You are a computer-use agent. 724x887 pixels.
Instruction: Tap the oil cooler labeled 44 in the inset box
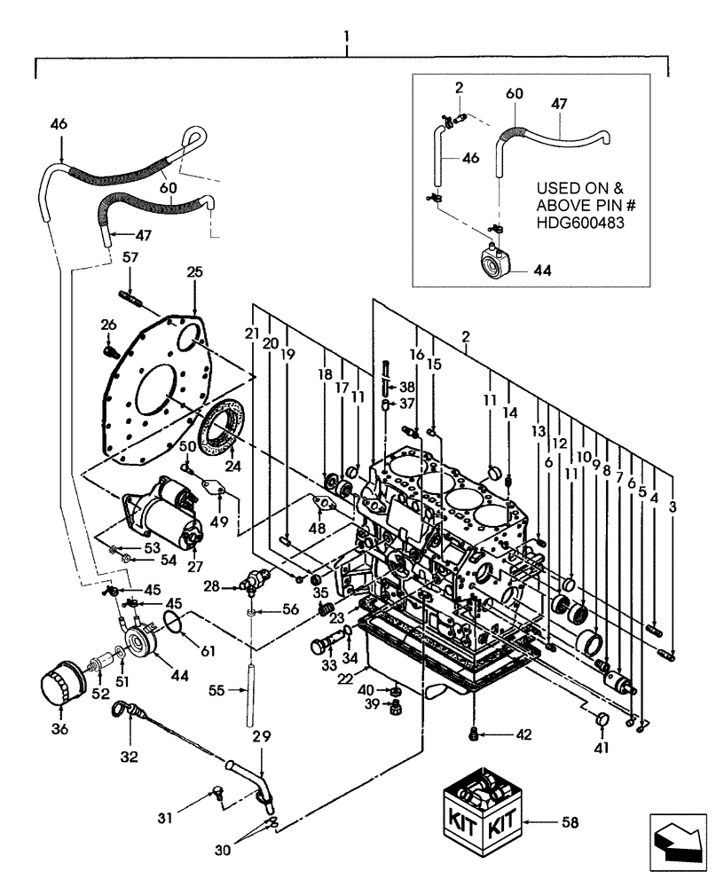click(x=494, y=263)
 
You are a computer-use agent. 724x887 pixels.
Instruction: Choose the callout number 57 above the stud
click(x=131, y=256)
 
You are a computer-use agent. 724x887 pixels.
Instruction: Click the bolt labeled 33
click(x=320, y=640)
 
